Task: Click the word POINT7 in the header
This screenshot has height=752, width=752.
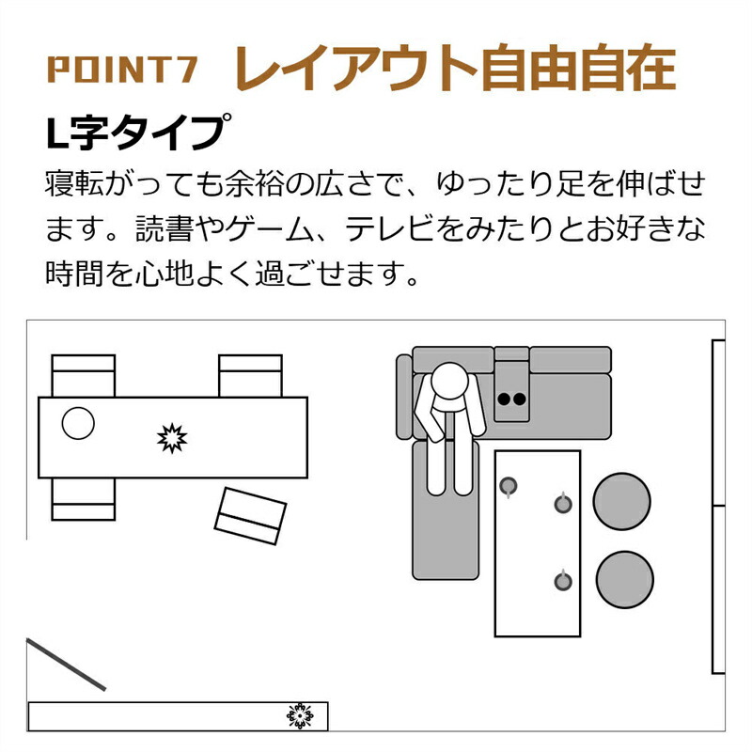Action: click(x=122, y=70)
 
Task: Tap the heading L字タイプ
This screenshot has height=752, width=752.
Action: click(x=138, y=132)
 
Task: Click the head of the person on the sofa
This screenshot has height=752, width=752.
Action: click(x=449, y=381)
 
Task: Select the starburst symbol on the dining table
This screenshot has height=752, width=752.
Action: click(x=172, y=438)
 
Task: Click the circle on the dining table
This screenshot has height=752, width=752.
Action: click(x=78, y=423)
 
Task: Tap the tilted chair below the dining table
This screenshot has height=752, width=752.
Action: click(x=250, y=516)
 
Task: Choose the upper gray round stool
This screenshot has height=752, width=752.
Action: click(x=621, y=501)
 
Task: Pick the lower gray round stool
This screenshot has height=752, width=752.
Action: click(x=624, y=579)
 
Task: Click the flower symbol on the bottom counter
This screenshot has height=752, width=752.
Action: click(x=300, y=716)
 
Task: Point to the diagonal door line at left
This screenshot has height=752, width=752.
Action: click(x=66, y=665)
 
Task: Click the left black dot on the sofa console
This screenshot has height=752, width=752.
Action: click(x=504, y=399)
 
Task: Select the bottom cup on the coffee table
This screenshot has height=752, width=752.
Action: click(x=563, y=581)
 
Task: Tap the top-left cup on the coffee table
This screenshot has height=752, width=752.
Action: click(x=508, y=487)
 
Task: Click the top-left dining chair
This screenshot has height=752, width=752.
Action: click(x=84, y=375)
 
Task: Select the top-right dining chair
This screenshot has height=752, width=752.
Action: click(x=250, y=375)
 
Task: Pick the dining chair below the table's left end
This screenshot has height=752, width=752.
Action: click(x=84, y=499)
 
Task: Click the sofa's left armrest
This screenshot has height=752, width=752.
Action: click(x=404, y=397)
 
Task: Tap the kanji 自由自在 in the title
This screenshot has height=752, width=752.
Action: click(x=579, y=68)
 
